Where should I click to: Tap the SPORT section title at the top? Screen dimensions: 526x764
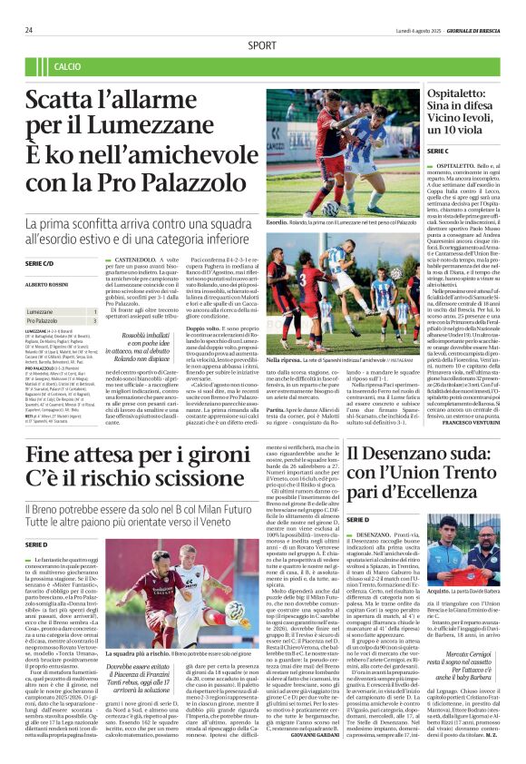262,44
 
